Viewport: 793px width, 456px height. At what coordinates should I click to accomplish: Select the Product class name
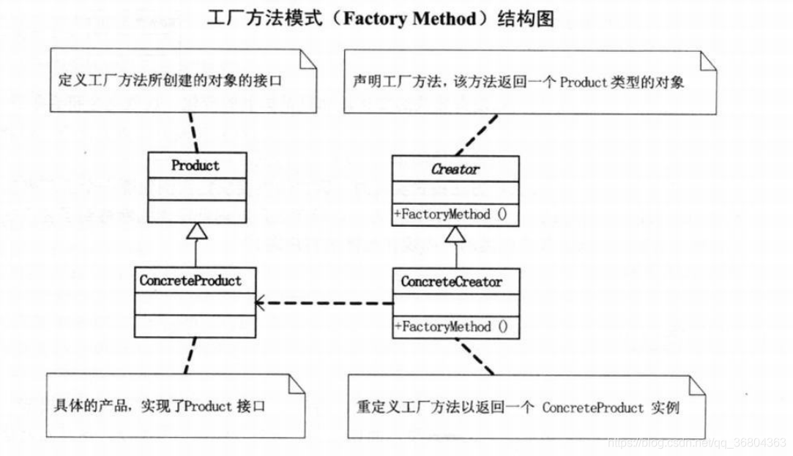[x=195, y=165]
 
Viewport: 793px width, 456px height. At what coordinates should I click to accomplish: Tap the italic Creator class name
[x=455, y=169]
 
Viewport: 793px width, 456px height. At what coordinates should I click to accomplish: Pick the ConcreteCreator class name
[x=451, y=282]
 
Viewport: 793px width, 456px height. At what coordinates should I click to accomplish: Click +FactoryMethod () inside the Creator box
[x=451, y=215]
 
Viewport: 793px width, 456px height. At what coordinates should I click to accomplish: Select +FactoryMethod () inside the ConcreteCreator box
[x=451, y=327]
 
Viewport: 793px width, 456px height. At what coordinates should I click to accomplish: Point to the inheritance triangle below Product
[x=195, y=231]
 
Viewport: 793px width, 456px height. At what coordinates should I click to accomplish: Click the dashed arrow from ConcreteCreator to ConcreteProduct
[x=330, y=302]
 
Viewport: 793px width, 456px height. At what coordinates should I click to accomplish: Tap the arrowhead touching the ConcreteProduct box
[x=258, y=302]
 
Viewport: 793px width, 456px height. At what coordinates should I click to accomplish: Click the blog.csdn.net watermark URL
[x=696, y=444]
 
